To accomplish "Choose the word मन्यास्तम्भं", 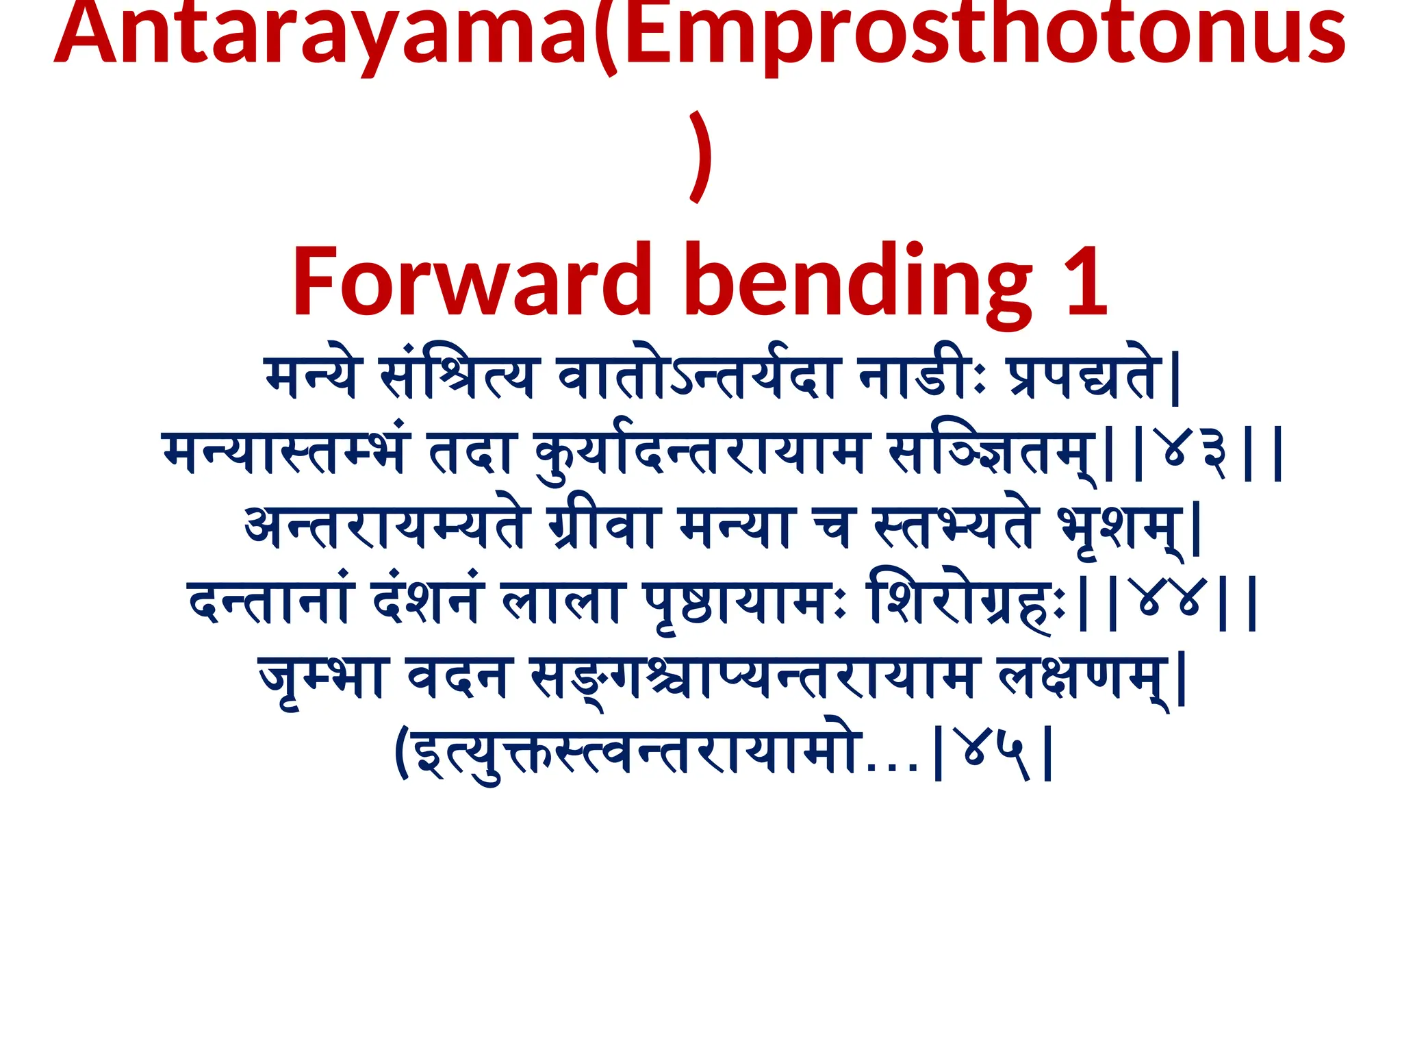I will click(285, 452).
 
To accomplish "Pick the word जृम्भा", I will click(322, 678).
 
